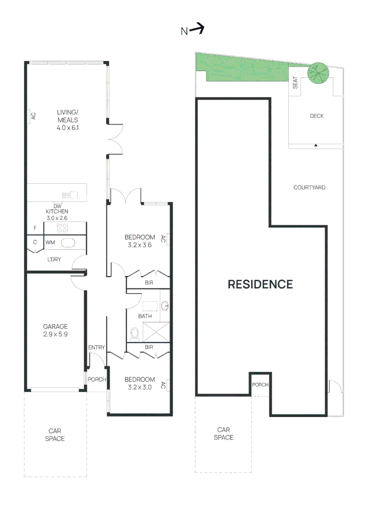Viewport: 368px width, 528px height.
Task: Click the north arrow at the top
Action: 196,30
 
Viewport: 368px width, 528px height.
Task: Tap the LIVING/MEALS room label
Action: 67,120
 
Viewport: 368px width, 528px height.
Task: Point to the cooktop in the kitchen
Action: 63,227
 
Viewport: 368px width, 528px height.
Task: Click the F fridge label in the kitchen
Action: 35,228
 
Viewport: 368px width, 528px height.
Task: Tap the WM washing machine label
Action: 50,242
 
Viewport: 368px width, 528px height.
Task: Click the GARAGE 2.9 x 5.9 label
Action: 55,330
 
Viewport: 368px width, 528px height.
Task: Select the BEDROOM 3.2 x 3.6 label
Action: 139,242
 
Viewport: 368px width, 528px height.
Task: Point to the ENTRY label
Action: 96,348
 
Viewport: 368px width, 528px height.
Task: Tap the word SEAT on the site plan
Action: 295,83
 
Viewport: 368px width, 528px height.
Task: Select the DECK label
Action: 317,116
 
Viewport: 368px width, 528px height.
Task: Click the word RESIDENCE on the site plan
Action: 260,284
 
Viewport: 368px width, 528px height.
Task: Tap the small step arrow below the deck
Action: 316,145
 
